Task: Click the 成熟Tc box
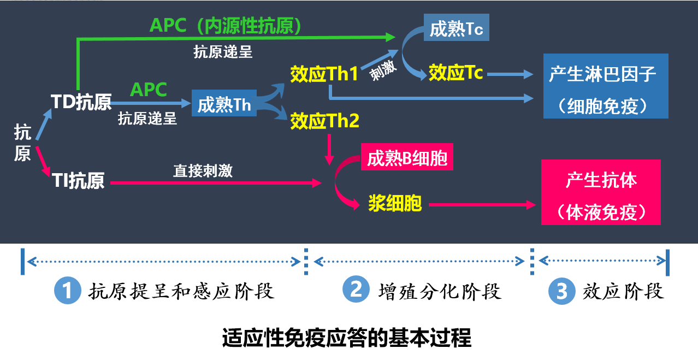[x=457, y=28]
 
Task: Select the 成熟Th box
[x=224, y=104]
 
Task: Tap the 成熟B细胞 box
[x=407, y=158]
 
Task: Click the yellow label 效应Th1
[x=324, y=75]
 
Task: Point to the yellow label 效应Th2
[x=324, y=121]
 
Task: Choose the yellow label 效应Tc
[x=456, y=73]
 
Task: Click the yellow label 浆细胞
[x=395, y=204]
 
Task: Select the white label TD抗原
[x=81, y=102]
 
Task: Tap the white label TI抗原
[x=78, y=181]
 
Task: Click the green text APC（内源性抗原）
[x=226, y=25]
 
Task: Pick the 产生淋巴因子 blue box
[x=606, y=86]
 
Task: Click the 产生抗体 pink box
[x=601, y=192]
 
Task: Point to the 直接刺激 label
[x=203, y=171]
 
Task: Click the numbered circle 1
[x=67, y=290]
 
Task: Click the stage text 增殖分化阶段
[x=440, y=291]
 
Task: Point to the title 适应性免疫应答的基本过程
[x=347, y=339]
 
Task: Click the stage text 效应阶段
[x=623, y=291]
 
